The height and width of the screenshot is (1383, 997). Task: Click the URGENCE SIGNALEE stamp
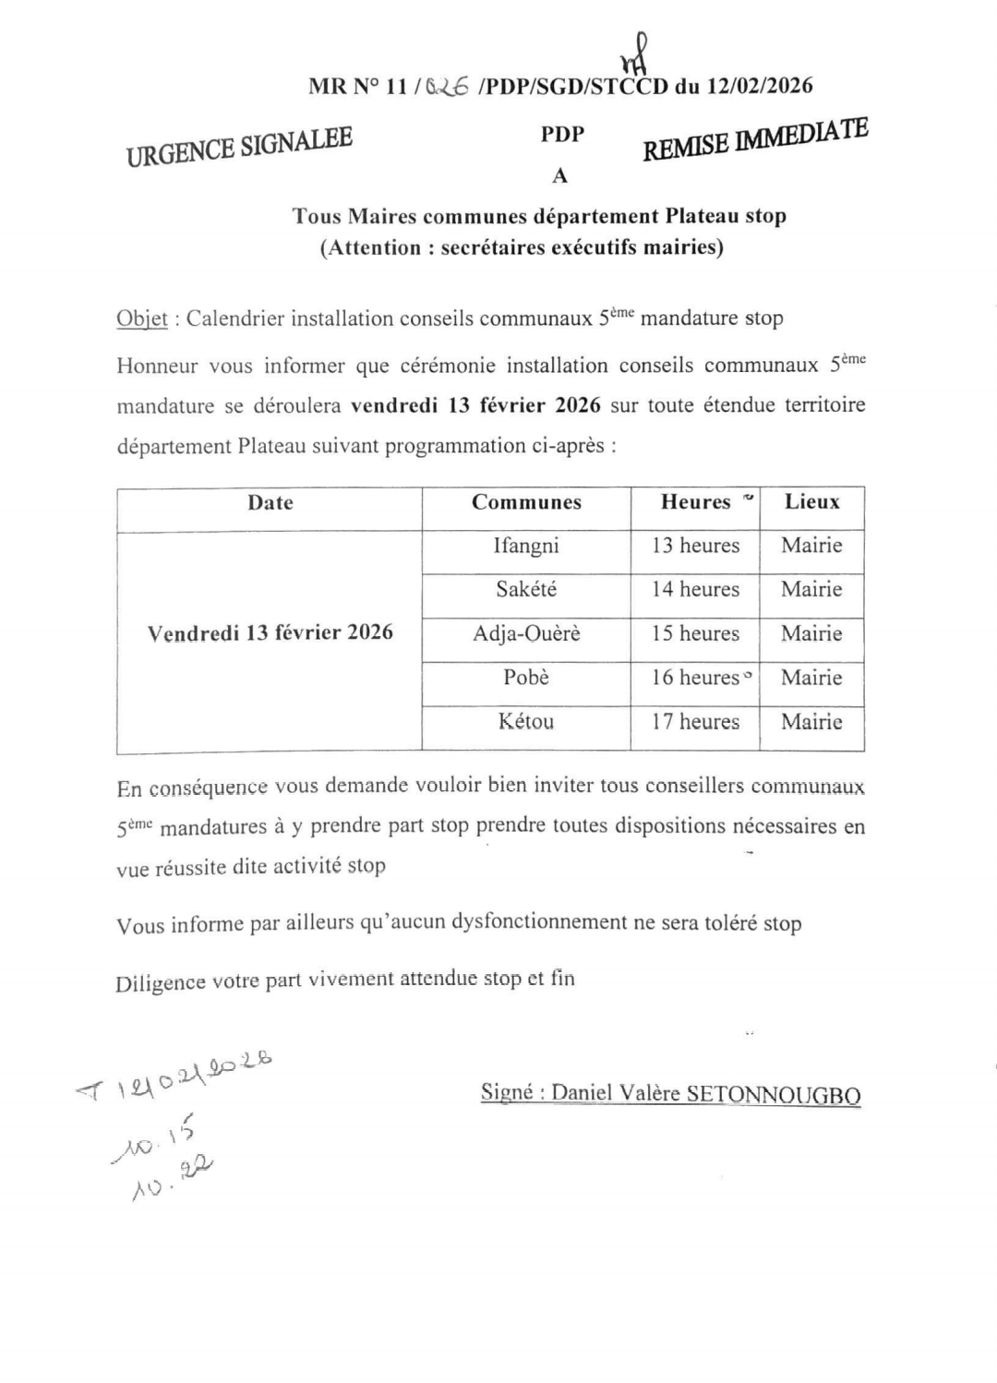pos(239,147)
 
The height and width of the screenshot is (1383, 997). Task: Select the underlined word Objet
pos(141,319)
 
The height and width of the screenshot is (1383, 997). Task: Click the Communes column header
pos(526,502)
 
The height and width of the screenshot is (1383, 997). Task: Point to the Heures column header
pos(695,502)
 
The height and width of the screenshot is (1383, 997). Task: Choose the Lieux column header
pos(811,502)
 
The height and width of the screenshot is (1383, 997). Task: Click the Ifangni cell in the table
pos(526,546)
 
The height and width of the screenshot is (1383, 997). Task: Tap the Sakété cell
pos(526,589)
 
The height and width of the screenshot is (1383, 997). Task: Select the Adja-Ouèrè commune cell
pos(526,633)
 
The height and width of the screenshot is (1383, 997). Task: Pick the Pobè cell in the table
pos(526,678)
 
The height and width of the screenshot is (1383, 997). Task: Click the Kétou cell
pos(526,721)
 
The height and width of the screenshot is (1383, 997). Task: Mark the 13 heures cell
pos(695,546)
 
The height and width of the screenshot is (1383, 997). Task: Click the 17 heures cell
pos(695,721)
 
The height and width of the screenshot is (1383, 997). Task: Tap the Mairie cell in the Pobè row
pos(811,678)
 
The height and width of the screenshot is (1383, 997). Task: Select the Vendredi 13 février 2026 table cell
pos(270,633)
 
